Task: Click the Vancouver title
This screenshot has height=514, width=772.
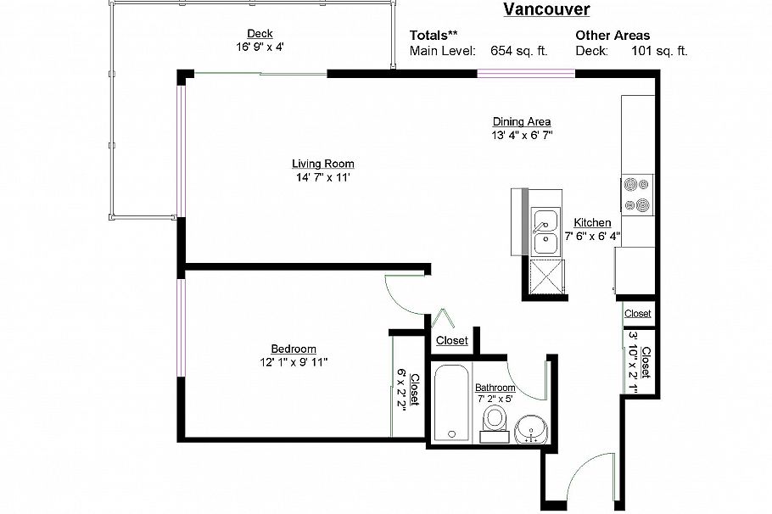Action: point(546,9)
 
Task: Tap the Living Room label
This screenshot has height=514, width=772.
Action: point(323,164)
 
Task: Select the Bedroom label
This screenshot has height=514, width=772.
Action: point(294,349)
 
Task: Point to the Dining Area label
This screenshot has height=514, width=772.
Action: point(522,121)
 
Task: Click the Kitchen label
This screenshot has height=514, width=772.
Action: point(592,222)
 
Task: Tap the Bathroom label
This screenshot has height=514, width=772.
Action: point(495,388)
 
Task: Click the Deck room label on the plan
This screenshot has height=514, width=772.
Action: point(260,33)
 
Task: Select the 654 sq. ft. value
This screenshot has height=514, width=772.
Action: point(519,51)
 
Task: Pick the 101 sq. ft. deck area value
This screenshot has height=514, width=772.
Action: point(659,51)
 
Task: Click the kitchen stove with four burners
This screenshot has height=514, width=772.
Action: point(637,195)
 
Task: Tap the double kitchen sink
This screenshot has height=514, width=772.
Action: point(546,232)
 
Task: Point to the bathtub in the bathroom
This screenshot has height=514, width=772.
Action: point(451,402)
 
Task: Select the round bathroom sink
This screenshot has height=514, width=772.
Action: point(531,429)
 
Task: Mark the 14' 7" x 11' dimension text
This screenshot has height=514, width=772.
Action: point(323,177)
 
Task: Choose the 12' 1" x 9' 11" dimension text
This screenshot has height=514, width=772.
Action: point(294,362)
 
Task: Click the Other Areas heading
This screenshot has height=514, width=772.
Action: point(613,36)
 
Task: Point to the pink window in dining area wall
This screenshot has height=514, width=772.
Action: point(526,74)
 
